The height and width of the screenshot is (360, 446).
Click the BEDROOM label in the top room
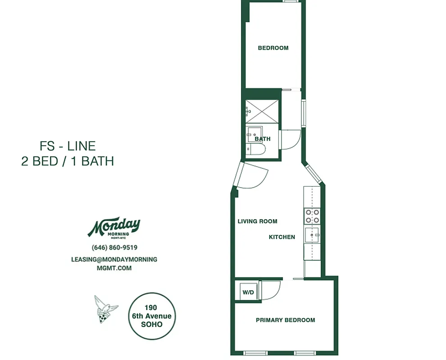(273, 48)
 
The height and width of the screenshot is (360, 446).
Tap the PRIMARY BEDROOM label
(285, 320)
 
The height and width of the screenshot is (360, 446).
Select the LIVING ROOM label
(257, 221)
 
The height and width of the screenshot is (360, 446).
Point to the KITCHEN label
(282, 237)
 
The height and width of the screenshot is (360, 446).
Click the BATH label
(263, 139)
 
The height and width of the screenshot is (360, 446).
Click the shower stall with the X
(262, 111)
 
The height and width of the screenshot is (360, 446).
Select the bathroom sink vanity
(253, 134)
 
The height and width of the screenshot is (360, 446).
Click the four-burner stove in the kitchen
(312, 216)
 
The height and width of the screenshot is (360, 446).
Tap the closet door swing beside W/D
(270, 290)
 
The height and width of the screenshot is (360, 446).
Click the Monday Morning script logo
(114, 227)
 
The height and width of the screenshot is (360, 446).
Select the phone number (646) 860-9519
(114, 247)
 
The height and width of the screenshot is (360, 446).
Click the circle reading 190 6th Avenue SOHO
(151, 315)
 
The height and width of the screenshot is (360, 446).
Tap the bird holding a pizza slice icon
(104, 309)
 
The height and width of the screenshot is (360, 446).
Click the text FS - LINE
(68, 146)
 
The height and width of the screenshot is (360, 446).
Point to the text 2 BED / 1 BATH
(68, 161)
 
